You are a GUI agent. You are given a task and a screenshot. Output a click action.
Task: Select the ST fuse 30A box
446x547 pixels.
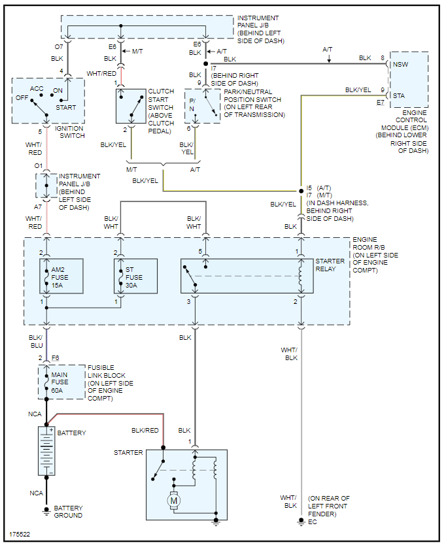(x=135, y=277)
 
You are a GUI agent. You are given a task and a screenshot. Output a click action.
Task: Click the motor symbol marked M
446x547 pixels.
(x=174, y=500)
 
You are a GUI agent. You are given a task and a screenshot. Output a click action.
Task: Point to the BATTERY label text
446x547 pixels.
(x=71, y=433)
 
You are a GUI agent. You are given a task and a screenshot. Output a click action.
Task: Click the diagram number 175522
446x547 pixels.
(x=20, y=535)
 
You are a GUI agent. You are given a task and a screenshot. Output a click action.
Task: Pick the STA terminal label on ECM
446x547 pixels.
(x=398, y=95)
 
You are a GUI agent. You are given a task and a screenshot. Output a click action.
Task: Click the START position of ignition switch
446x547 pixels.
(x=65, y=108)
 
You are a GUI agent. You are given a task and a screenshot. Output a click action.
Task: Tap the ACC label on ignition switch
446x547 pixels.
(x=37, y=88)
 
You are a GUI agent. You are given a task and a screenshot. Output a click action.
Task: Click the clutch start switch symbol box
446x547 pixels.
(x=131, y=106)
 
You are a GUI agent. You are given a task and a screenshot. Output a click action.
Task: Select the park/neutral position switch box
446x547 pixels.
(x=203, y=106)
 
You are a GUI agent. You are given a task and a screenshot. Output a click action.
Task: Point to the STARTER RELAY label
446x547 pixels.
(x=330, y=265)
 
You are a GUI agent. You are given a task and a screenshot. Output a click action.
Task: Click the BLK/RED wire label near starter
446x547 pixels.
(x=145, y=431)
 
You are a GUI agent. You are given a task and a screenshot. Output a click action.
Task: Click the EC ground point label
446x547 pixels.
(x=313, y=522)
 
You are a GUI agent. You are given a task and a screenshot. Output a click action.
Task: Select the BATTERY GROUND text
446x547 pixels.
(x=68, y=512)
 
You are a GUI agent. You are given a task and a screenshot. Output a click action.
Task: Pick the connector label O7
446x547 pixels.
(x=58, y=47)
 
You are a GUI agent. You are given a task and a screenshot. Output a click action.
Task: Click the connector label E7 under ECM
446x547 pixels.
(x=381, y=103)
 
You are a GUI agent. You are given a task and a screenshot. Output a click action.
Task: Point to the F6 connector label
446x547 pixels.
(x=56, y=358)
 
